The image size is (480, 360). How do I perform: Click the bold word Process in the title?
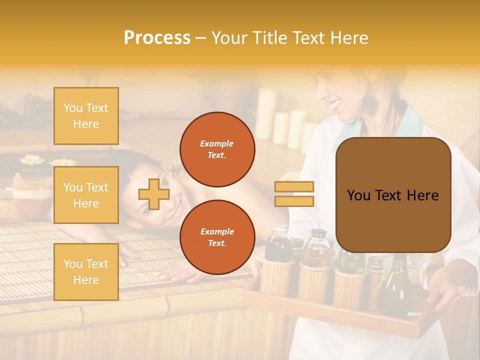click(x=157, y=37)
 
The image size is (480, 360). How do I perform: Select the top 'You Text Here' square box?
click(x=86, y=116)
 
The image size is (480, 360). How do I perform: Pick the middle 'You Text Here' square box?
click(x=86, y=195)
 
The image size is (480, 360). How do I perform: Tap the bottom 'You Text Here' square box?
click(x=86, y=272)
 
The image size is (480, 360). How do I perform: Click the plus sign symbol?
click(x=153, y=194)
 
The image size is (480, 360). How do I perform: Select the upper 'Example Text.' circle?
click(x=217, y=149)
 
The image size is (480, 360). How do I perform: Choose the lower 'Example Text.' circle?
click(x=217, y=237)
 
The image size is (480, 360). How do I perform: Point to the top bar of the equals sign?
click(x=294, y=187)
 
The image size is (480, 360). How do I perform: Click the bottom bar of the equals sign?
click(x=294, y=201)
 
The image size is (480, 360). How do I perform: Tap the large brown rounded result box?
click(x=393, y=195)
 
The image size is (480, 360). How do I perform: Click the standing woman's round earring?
click(x=370, y=103)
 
